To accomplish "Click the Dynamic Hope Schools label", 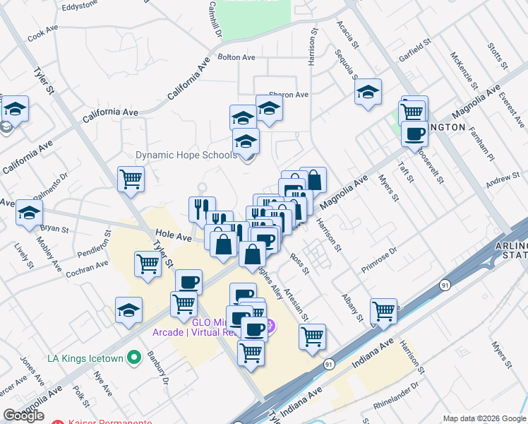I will coord(186,155).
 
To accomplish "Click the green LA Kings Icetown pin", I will coord(131,358).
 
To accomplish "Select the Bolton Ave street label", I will coord(236,57).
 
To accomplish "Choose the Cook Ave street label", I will coord(42,34).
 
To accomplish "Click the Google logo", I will coord(23,416).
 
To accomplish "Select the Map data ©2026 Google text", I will coord(484,418).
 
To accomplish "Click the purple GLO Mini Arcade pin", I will coord(272,326).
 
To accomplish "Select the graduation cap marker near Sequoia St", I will coord(367,93).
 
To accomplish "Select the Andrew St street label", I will coord(502,182).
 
